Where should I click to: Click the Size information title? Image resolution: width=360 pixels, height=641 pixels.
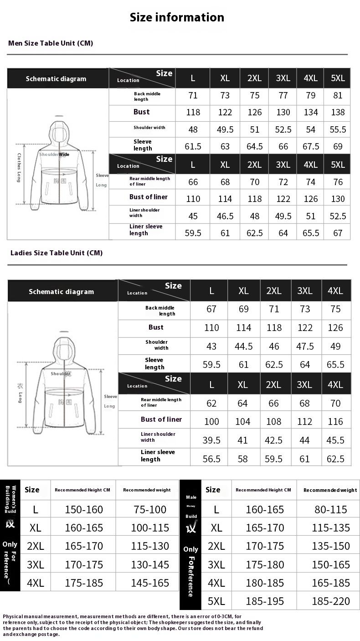(x=177, y=17)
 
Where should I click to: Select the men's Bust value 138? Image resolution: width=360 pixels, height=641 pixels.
(x=338, y=112)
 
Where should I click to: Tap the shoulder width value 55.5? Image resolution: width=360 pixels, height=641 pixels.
(x=338, y=129)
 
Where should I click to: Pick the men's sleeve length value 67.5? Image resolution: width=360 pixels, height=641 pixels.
(x=311, y=146)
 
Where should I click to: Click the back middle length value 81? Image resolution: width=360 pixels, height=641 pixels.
(x=338, y=96)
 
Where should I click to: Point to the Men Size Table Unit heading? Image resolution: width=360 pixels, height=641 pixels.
(x=51, y=43)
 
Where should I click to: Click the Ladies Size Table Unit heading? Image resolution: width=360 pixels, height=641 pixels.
(x=57, y=253)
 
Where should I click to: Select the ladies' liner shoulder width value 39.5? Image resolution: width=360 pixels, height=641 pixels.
(x=211, y=440)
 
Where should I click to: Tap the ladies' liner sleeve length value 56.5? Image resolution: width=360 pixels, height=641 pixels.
(x=211, y=459)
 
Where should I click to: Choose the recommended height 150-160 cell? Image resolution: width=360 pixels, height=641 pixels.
(x=84, y=510)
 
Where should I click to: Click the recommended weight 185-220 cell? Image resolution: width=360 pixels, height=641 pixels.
(x=331, y=601)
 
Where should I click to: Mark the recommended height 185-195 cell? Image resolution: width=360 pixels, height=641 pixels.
(x=264, y=601)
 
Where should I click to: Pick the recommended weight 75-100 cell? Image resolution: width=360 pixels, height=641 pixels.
(x=150, y=510)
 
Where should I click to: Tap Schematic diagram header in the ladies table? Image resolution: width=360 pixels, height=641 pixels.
(x=61, y=292)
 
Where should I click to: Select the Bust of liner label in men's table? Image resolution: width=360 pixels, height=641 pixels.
(x=148, y=197)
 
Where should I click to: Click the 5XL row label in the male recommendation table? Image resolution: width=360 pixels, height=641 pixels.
(x=216, y=601)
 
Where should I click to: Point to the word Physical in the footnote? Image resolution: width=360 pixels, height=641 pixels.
(x=13, y=616)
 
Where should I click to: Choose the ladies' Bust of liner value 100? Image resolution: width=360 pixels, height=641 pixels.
(x=211, y=422)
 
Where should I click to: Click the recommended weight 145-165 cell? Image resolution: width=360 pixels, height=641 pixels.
(x=150, y=583)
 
